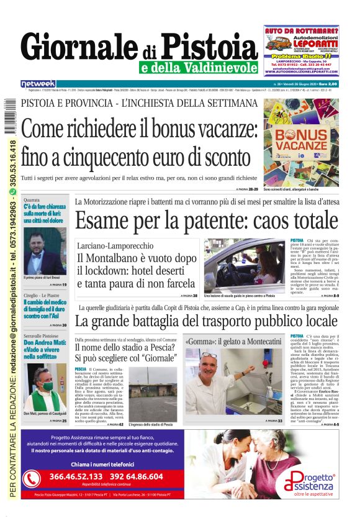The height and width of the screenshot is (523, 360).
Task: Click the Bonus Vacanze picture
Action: click(300, 142)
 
